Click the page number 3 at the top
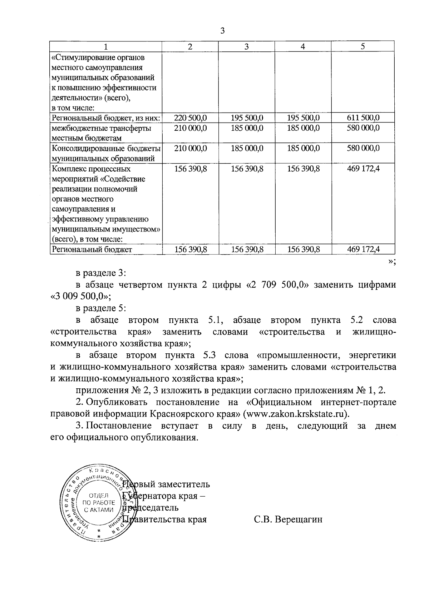coord(222,31)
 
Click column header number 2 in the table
coord(190,46)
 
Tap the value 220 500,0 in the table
coord(190,118)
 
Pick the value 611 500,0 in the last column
coord(363,118)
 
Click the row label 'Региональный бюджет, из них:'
coord(106,118)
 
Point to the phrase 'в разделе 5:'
coord(101,308)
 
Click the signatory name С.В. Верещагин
coord(288,519)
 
